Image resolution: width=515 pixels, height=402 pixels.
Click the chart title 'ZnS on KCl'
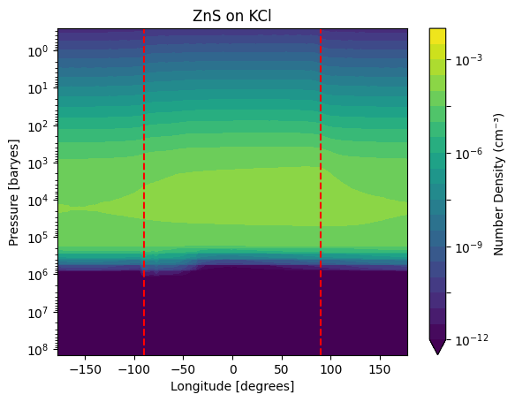pos(231,17)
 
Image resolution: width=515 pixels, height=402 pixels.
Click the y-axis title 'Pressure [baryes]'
pos(14,193)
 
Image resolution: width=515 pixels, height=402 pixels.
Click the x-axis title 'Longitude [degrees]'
pos(232,386)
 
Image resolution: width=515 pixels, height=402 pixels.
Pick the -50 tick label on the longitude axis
pos(182,370)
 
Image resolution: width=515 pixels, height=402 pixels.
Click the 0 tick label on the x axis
pos(233,370)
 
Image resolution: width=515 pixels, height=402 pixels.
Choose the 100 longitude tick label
pos(330,370)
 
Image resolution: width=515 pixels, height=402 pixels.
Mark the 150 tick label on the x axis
pos(380,370)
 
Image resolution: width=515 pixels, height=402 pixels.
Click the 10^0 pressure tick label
pos(39,51)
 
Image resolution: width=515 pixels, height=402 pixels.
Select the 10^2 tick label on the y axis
pos(39,126)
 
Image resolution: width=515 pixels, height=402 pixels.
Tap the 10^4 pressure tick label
pos(39,201)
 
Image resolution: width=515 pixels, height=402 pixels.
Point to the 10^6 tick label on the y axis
pos(39,275)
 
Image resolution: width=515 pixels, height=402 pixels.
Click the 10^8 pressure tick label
pos(39,350)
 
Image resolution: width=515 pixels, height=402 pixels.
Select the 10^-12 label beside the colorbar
pos(472,339)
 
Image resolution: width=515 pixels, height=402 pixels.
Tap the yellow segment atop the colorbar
pos(437,36)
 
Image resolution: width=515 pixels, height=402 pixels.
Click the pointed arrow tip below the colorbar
pos(437,354)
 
